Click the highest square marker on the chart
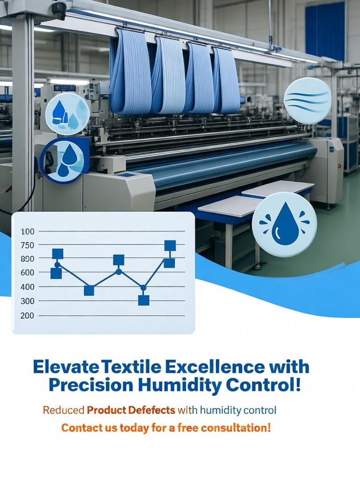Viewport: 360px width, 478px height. coord(170,245)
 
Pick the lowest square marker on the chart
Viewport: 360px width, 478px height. coord(144,300)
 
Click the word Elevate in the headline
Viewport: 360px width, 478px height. coord(65,367)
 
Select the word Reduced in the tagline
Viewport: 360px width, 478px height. coord(63,410)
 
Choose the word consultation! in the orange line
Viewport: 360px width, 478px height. coord(236,428)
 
